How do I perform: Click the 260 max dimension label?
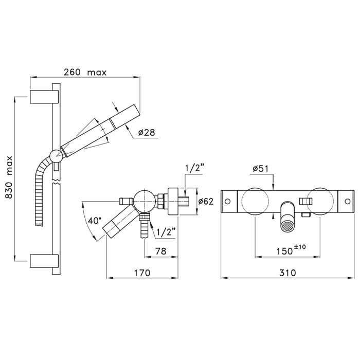coord(85,73)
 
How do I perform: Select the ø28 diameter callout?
coord(147,133)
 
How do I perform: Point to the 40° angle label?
coord(95,221)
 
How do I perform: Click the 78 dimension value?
coord(160,251)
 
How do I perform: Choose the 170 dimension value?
coord(142,273)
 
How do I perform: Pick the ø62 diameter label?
coord(206,202)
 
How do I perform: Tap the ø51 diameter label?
coord(261,169)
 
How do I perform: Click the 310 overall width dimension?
coord(287,273)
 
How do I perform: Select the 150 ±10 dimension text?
coord(291,250)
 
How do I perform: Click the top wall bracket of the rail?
coord(44,97)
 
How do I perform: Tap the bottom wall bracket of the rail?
coord(44,261)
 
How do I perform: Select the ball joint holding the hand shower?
coord(56,156)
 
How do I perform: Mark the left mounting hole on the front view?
coord(227,202)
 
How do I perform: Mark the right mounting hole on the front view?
coord(348,202)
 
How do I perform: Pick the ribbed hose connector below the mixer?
coord(145,226)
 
